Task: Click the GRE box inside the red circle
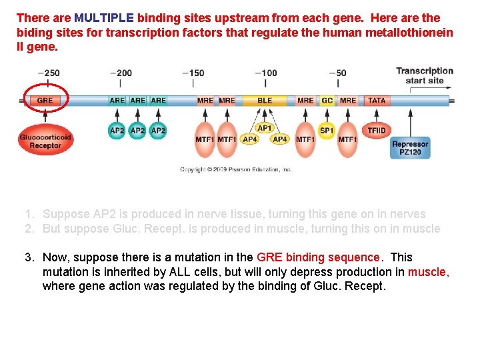[x=45, y=101]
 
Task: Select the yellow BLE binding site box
[x=265, y=101]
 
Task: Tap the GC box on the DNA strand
[x=327, y=101]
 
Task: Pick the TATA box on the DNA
[x=377, y=101]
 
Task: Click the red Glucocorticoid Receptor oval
[x=45, y=141]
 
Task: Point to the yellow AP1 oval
[x=265, y=128]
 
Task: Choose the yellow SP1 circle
[x=327, y=131]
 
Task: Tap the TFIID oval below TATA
[x=377, y=130]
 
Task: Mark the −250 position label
[x=48, y=73]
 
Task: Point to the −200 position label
[x=121, y=73]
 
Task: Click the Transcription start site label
[x=424, y=76]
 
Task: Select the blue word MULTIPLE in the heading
[x=104, y=18]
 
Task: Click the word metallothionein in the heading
[x=411, y=33]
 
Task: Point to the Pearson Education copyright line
[x=236, y=170]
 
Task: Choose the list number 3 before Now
[x=29, y=257]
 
